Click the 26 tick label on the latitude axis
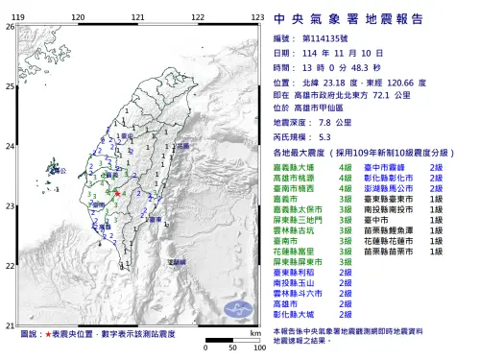coord(10,27)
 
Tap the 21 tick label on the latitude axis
coord(10,324)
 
